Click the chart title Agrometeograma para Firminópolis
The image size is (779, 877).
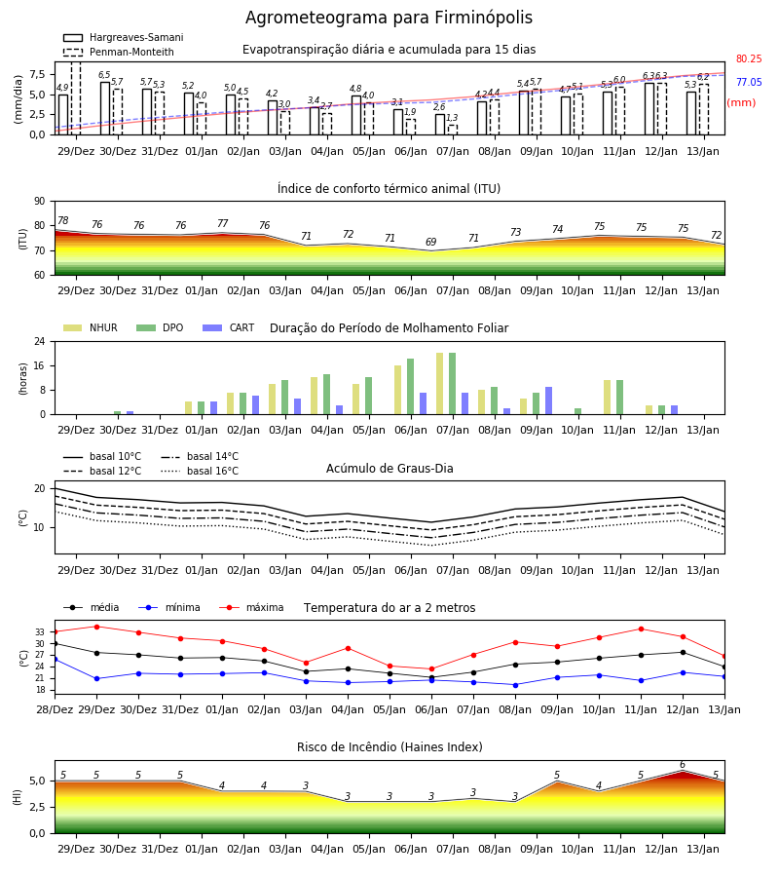click(389, 18)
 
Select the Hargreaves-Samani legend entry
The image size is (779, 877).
click(123, 37)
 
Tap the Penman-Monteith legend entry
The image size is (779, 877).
click(119, 52)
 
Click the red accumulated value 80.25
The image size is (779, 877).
click(749, 58)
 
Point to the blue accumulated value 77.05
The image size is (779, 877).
click(749, 82)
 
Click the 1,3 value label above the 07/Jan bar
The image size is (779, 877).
click(452, 118)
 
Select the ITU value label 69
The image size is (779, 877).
click(430, 242)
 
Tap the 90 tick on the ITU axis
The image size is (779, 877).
click(40, 202)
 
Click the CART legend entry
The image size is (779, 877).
click(229, 327)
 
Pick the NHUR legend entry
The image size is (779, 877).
click(91, 327)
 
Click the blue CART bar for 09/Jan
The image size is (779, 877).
click(549, 400)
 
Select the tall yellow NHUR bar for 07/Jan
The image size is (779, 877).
click(440, 384)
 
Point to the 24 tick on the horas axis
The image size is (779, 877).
click(40, 341)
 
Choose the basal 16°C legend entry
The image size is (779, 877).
click(200, 471)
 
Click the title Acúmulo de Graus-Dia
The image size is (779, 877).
click(389, 468)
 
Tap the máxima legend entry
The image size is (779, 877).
click(251, 607)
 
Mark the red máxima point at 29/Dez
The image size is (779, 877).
click(96, 627)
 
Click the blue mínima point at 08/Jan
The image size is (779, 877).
click(515, 685)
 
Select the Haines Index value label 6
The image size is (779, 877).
click(683, 765)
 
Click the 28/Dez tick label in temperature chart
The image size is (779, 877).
click(55, 709)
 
